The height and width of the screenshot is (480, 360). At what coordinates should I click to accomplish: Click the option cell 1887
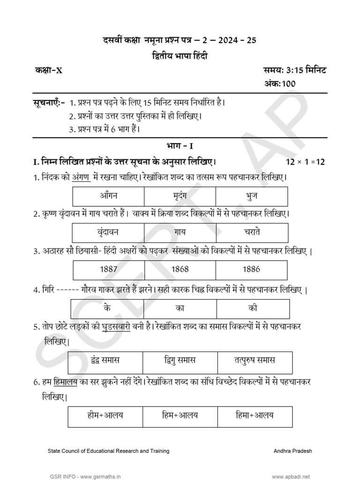[109, 269]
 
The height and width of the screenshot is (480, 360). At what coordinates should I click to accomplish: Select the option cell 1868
[180, 269]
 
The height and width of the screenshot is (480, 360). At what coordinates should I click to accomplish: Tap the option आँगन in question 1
[109, 195]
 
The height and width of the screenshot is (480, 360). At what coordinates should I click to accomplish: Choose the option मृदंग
[180, 195]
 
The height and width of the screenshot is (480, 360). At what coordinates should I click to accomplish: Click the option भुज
[252, 195]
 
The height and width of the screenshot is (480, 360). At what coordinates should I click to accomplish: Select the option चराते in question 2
[252, 232]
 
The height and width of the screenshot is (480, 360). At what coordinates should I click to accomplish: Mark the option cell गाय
[180, 232]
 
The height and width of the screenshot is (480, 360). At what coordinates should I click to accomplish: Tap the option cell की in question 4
[253, 309]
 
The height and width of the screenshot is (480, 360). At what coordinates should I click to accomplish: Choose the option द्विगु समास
[181, 360]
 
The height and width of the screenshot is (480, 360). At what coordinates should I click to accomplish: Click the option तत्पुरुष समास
[255, 360]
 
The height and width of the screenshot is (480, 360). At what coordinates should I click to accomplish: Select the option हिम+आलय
[181, 415]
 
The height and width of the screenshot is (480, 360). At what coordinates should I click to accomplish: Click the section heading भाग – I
[180, 146]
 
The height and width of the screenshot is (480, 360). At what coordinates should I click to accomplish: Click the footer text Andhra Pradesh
[292, 451]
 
